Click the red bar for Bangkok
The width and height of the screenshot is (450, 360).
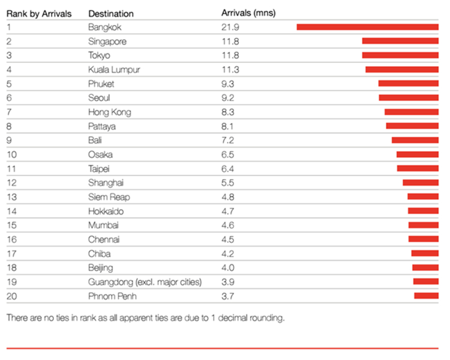point(367,27)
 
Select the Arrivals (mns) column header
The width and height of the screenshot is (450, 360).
point(248,13)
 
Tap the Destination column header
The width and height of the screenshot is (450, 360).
point(111,13)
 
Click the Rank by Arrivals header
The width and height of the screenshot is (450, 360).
point(39,13)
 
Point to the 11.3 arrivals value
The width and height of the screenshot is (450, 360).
point(230,70)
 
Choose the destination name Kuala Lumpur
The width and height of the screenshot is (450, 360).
point(114,70)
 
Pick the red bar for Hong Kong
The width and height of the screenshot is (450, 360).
point(412,112)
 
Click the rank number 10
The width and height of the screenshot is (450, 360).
point(12,155)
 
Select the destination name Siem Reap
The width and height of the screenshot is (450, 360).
point(109,197)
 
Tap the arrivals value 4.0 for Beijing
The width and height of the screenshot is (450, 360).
point(228,268)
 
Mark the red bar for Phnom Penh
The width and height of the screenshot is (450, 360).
point(426,296)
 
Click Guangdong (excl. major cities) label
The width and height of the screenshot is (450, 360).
point(145,282)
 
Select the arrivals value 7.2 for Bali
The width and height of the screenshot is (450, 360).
point(227,140)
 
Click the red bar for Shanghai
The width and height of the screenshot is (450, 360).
point(421,182)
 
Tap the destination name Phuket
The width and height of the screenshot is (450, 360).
point(101,84)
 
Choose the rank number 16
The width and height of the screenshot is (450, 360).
point(12,239)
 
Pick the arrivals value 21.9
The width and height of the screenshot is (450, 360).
point(230,27)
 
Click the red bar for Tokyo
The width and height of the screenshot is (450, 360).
point(400,55)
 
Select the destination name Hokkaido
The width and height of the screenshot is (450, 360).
point(106,211)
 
